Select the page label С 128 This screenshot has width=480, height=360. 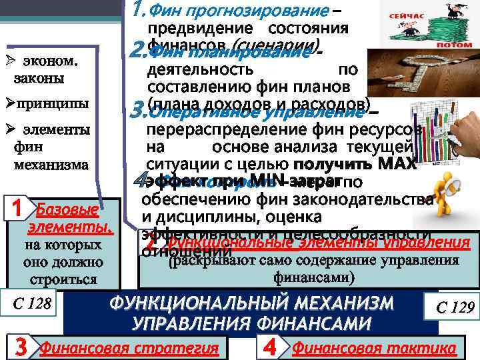click(31, 305)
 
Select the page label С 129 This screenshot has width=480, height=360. click(455, 307)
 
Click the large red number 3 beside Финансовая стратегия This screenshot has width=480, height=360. click(21, 347)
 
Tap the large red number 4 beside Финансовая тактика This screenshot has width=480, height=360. click(269, 347)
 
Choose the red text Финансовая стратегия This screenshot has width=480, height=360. click(129, 348)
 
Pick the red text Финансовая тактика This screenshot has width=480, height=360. click(374, 348)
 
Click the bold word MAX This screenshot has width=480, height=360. click(399, 163)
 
